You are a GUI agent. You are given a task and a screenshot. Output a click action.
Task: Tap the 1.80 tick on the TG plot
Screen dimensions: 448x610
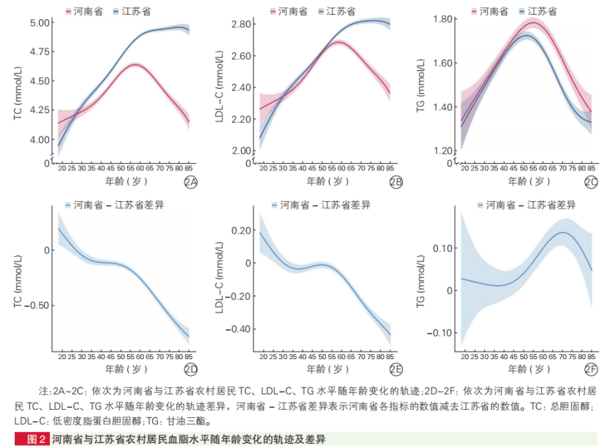tap(445, 18)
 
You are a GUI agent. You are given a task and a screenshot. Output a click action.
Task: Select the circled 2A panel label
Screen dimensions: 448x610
tap(191, 182)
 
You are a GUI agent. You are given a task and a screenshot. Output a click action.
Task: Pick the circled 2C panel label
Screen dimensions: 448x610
tap(591, 182)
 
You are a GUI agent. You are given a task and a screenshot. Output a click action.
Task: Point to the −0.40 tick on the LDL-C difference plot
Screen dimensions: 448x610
tap(239, 328)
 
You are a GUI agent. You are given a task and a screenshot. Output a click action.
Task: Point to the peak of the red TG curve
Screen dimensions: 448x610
tap(534, 24)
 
